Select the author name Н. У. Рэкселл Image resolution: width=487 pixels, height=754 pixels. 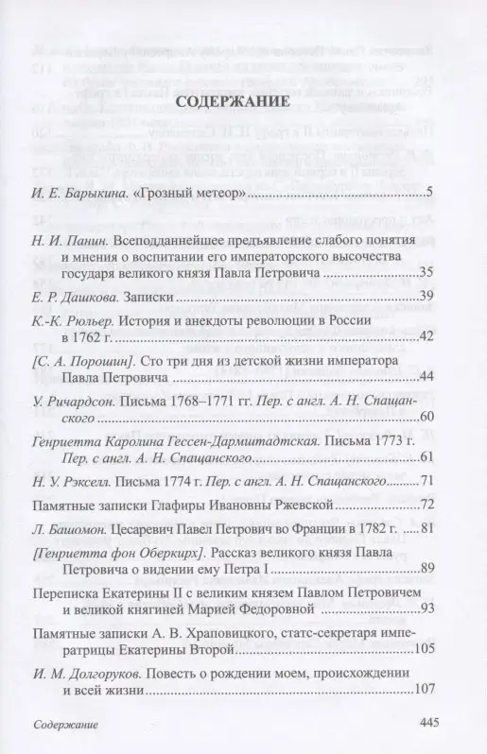pos(74,480)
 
